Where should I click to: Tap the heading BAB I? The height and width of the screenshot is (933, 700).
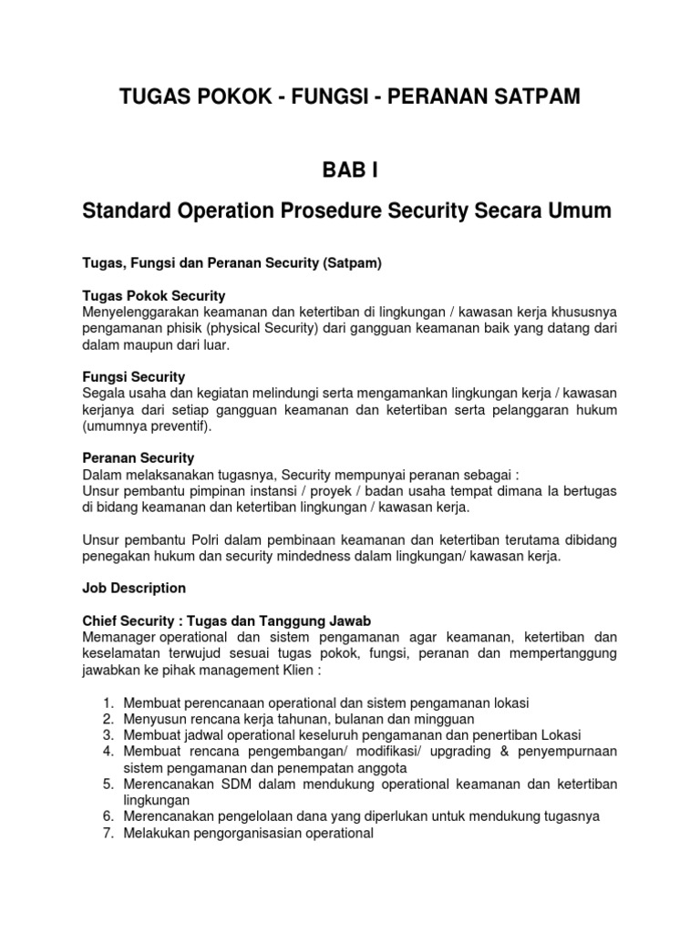(349, 169)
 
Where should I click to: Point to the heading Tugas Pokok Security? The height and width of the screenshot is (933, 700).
(154, 296)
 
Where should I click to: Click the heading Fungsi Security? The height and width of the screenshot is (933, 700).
(134, 376)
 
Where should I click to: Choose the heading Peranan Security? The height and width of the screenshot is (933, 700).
(139, 457)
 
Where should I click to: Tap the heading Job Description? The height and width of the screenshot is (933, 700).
(134, 588)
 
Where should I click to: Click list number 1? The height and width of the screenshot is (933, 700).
(107, 702)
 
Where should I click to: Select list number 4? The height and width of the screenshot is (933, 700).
(107, 751)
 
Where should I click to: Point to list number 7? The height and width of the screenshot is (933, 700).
(107, 832)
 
